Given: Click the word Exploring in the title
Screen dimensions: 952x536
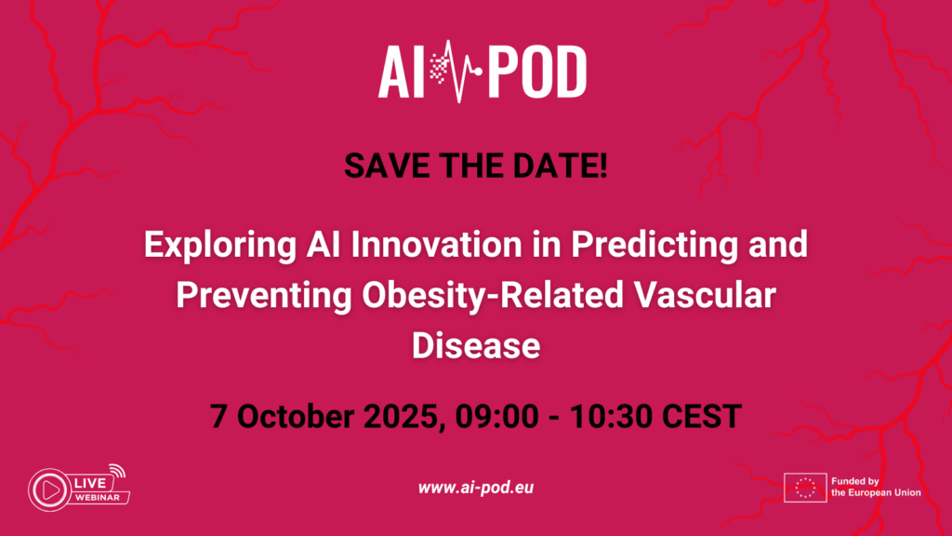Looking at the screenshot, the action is (x=220, y=246).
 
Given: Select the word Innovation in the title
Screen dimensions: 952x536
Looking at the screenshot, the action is (x=436, y=245).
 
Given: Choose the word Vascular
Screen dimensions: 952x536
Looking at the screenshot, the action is (x=705, y=295).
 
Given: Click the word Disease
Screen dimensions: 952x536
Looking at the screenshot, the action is (x=476, y=346).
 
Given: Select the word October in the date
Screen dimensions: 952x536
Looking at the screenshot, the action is (x=296, y=417).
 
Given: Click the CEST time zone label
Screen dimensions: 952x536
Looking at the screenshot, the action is (x=701, y=417).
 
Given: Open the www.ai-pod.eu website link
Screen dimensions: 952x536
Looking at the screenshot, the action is (x=476, y=488).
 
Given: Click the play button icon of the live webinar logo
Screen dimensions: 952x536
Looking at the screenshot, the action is (x=50, y=489).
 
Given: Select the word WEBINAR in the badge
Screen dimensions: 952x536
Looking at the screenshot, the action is (x=97, y=498).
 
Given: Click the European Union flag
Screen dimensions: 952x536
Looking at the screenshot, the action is (x=805, y=488).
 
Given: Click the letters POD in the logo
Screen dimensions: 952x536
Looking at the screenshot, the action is (x=538, y=72).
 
